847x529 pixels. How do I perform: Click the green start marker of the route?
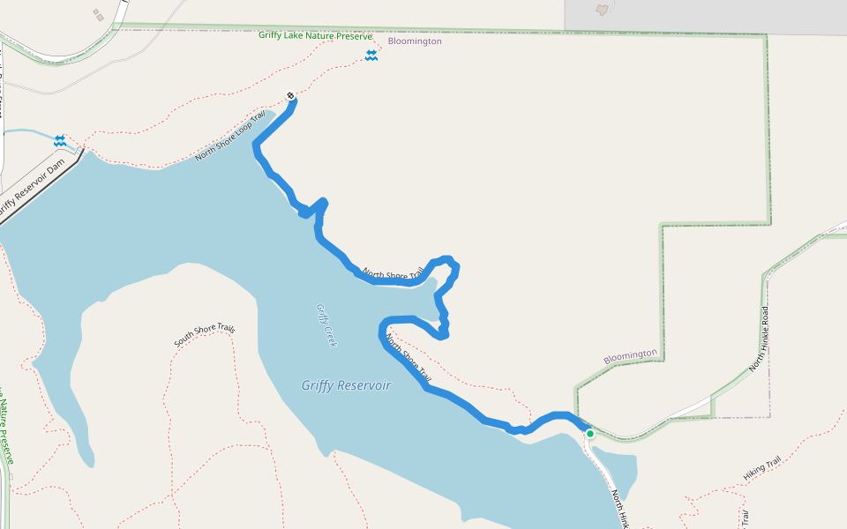click(589, 434)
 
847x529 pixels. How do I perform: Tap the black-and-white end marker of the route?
click(290, 96)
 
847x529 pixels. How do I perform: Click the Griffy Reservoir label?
click(346, 385)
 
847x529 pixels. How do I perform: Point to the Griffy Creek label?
click(326, 325)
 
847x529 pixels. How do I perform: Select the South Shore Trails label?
click(205, 334)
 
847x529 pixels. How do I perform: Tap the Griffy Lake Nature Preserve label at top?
click(315, 36)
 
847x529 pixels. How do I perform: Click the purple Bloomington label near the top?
click(415, 41)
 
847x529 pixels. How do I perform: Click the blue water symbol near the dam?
click(59, 140)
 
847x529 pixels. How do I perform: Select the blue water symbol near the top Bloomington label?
click(371, 56)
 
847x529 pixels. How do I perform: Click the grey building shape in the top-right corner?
click(603, 10)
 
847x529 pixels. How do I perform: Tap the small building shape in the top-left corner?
click(97, 14)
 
